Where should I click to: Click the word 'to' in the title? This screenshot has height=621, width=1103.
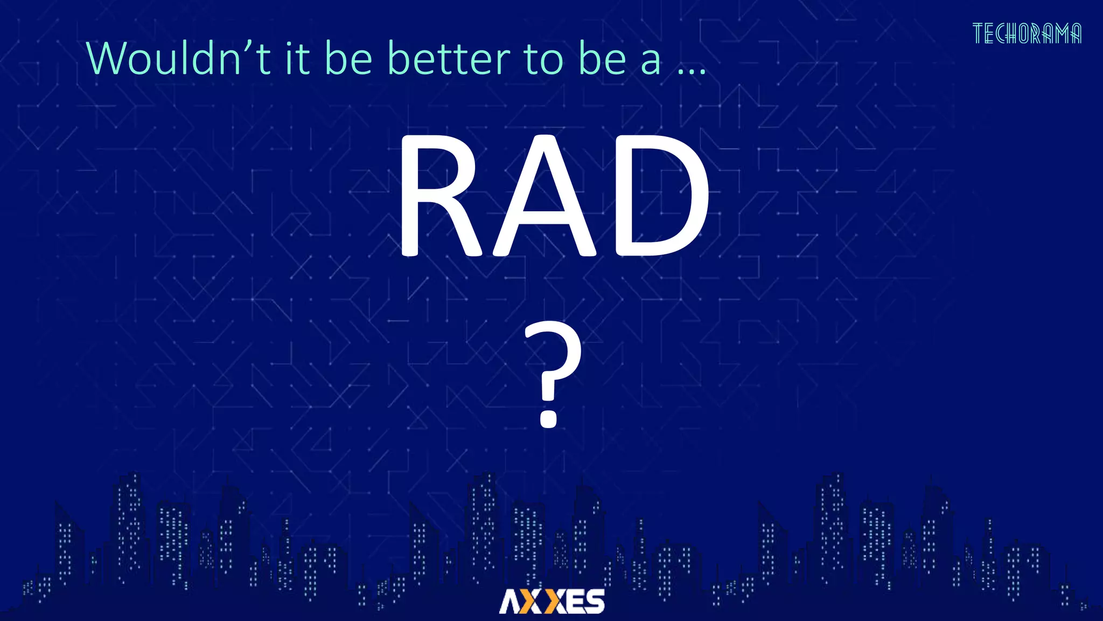click(544, 59)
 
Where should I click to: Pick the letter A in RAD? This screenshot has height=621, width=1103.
click(543, 197)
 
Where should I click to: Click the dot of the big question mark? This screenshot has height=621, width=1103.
click(548, 418)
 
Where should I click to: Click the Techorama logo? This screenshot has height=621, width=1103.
click(1027, 33)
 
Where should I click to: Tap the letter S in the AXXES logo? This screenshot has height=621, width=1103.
click(594, 602)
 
